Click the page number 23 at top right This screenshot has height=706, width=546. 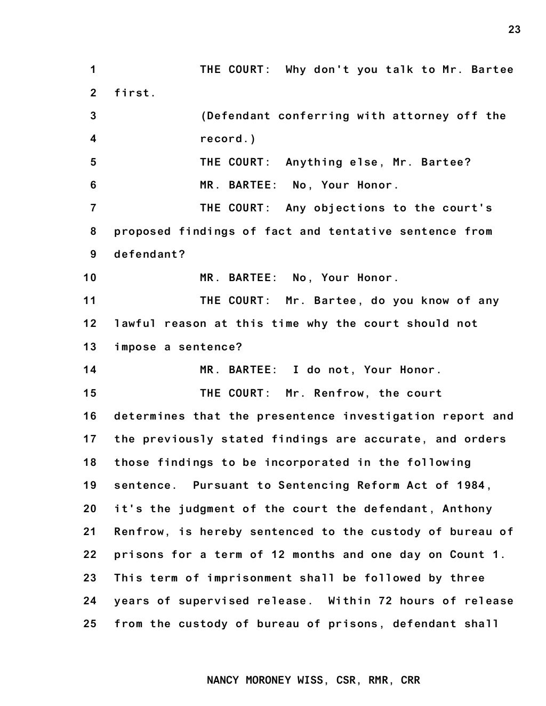(x=514, y=29)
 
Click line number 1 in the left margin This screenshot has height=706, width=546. (x=93, y=70)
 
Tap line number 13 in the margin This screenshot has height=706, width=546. (x=90, y=347)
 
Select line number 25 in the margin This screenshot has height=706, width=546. (x=90, y=623)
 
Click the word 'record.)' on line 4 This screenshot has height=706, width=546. (x=228, y=139)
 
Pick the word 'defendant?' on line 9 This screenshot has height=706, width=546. (x=150, y=255)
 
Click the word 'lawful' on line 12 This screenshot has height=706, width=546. (x=135, y=324)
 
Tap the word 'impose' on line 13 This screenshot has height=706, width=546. (x=135, y=347)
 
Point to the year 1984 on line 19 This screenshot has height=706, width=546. (x=471, y=486)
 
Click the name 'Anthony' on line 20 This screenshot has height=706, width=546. (x=468, y=508)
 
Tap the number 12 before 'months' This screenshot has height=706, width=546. (x=278, y=555)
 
